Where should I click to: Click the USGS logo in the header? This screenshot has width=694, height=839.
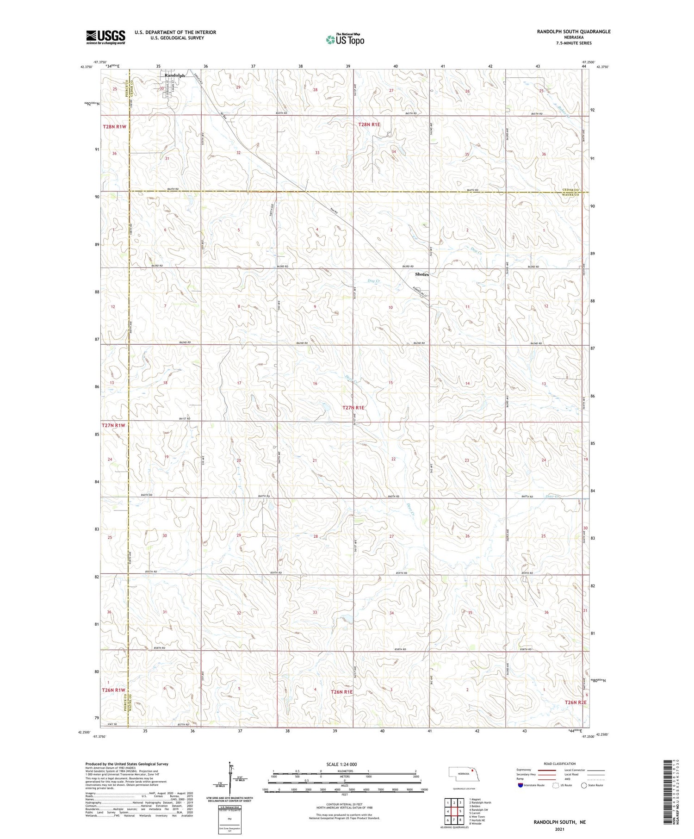click(x=105, y=37)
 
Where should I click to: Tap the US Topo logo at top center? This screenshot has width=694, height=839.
click(x=345, y=40)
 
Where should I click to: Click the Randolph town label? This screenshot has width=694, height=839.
click(x=175, y=75)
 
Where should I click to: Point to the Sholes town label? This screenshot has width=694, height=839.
click(x=421, y=274)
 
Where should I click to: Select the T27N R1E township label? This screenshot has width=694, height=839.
click(x=353, y=408)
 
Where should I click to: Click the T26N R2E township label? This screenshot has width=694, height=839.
click(x=575, y=702)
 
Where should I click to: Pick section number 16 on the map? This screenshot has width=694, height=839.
click(x=315, y=384)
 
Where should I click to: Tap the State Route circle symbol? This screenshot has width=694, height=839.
click(x=584, y=785)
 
